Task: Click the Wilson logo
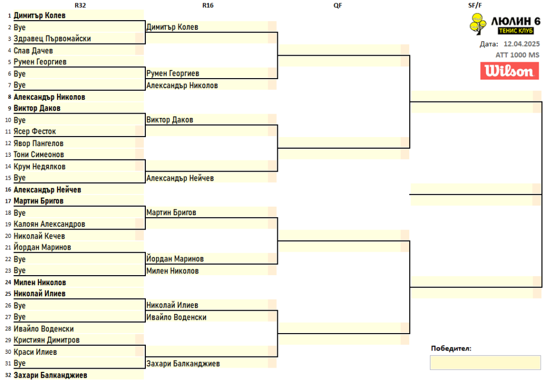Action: point(509,71)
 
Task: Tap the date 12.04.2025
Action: point(522,44)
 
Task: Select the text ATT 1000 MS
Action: point(517,55)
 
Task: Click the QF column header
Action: point(337,5)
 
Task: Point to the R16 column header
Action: point(208,5)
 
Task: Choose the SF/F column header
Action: point(475,5)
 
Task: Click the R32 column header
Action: point(80,5)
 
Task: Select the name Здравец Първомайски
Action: point(52,38)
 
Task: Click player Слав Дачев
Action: point(34,50)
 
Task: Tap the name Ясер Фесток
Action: point(35,132)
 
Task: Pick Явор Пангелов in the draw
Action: point(38,143)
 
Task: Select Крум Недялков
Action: point(39,166)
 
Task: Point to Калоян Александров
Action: point(49,224)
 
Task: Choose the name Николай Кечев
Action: point(39,236)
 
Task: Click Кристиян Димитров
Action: point(47,340)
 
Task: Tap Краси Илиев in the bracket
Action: point(35,352)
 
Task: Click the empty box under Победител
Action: point(485,363)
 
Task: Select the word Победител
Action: point(451,348)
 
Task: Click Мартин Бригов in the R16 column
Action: point(171,212)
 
